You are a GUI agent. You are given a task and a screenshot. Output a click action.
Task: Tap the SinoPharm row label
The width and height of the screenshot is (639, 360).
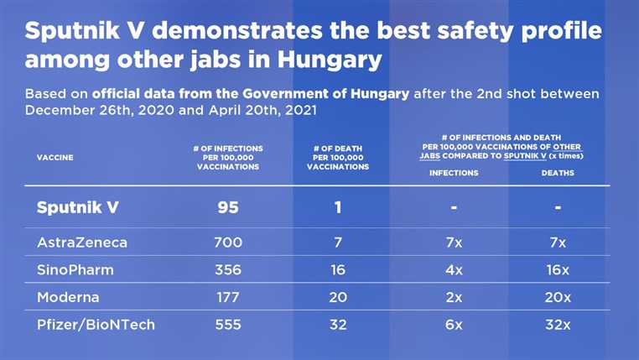(75, 270)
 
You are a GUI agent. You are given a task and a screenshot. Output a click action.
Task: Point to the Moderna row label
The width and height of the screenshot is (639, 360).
(68, 297)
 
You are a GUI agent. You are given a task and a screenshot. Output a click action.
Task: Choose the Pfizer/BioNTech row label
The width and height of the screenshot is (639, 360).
(96, 325)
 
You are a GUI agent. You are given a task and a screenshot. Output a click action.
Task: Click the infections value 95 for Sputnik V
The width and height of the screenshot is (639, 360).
(228, 207)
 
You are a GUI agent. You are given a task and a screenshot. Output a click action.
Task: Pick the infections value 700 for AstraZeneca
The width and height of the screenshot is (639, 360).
(228, 243)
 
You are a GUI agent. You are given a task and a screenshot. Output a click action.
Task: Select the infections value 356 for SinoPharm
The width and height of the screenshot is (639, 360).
(228, 270)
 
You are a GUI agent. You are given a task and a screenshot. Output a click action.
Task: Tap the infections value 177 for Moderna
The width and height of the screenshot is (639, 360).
(228, 297)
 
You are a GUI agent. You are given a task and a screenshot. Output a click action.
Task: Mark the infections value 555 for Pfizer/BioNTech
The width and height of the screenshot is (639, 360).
(228, 325)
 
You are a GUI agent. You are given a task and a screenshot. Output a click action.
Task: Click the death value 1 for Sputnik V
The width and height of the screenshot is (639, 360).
(338, 207)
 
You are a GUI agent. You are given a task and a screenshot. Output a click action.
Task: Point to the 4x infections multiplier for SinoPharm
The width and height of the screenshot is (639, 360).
(454, 270)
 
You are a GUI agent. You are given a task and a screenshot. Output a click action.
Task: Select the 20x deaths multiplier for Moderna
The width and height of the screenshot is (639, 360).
(558, 297)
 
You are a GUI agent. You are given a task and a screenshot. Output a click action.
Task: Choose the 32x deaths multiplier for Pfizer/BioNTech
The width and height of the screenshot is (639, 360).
(558, 325)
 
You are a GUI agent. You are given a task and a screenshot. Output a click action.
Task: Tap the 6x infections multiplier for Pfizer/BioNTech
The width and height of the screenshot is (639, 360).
(454, 325)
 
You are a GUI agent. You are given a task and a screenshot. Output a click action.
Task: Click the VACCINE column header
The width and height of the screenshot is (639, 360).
(55, 158)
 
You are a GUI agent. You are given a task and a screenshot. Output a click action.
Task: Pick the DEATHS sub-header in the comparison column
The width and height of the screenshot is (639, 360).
(558, 173)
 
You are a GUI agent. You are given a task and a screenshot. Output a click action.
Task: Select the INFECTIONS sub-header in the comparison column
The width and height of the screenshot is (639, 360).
(454, 173)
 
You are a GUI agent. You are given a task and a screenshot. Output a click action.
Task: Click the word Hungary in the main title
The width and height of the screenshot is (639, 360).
(325, 60)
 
